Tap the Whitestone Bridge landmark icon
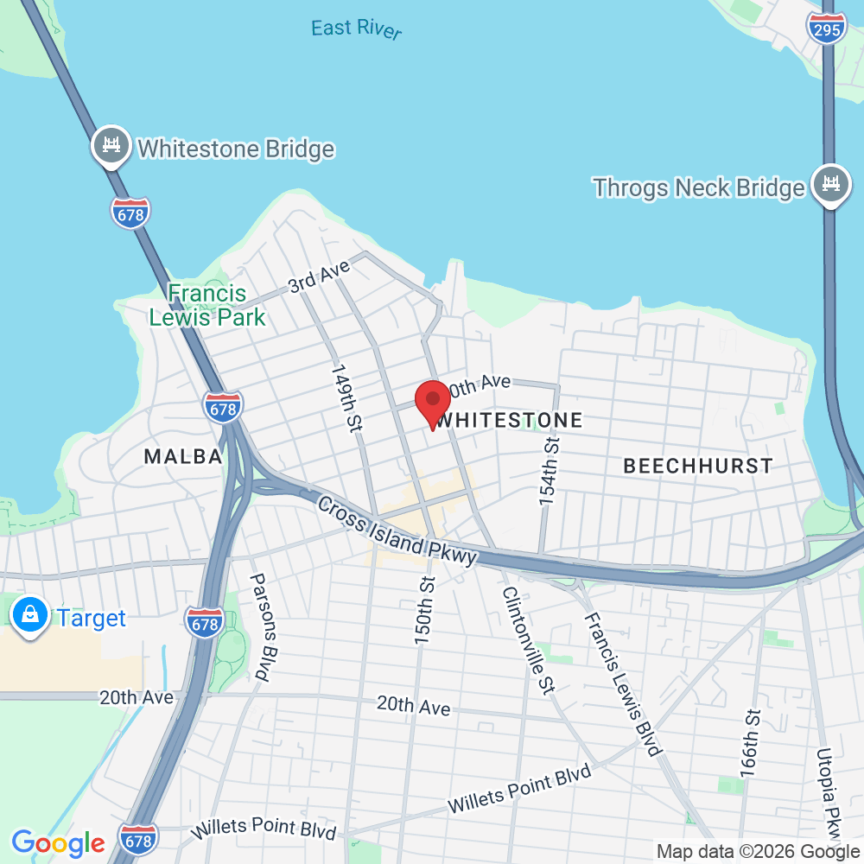pyautogui.click(x=111, y=146)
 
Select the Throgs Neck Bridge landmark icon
pyautogui.click(x=830, y=185)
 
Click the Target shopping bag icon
pyautogui.click(x=30, y=617)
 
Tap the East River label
pyautogui.click(x=356, y=29)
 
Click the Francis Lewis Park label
pyautogui.click(x=207, y=306)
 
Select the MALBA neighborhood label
pyautogui.click(x=183, y=456)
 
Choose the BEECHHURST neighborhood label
pyautogui.click(x=698, y=466)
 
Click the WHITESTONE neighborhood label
pyautogui.click(x=510, y=421)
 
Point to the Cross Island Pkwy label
pyautogui.click(x=397, y=531)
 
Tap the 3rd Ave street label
pyautogui.click(x=319, y=277)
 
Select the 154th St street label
pyautogui.click(x=550, y=471)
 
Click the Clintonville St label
pyautogui.click(x=526, y=638)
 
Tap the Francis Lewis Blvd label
pyautogui.click(x=622, y=683)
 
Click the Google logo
pyautogui.click(x=58, y=842)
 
